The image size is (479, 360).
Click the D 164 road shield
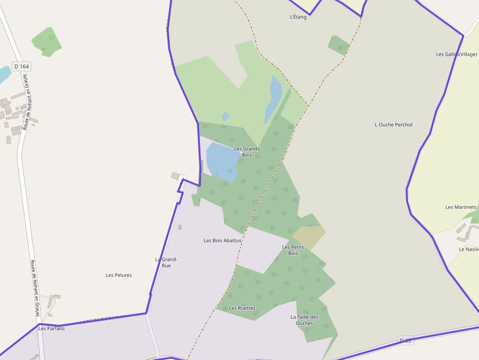pyautogui.click(x=22, y=66)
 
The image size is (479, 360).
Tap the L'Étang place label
pyautogui.click(x=298, y=17)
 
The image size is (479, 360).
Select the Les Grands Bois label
pyautogui.click(x=247, y=151)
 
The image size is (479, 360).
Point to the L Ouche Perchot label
pyautogui.click(x=393, y=125)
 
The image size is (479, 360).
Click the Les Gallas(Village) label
pyautogui.click(x=456, y=54)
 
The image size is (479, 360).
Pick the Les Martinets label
pyautogui.click(x=460, y=207)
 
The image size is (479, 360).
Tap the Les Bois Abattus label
pyautogui.click(x=222, y=240)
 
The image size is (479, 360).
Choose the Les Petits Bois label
pyautogui.click(x=293, y=250)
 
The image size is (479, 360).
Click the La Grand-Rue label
pyautogui.click(x=166, y=262)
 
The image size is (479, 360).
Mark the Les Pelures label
pyautogui.click(x=119, y=275)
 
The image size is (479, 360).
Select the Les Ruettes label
pyautogui.click(x=242, y=308)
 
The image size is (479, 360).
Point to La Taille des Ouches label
pyautogui.click(x=304, y=320)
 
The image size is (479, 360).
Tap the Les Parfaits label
pyautogui.click(x=51, y=328)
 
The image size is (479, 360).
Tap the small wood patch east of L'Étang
pyautogui.click(x=338, y=45)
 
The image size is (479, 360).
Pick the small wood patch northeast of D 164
pyautogui.click(x=47, y=42)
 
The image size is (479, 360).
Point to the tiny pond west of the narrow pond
pyautogui.click(x=225, y=117)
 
